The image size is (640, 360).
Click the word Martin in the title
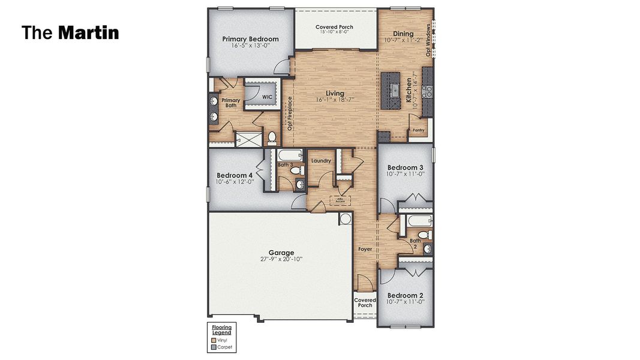point(89,32)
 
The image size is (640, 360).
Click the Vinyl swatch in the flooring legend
point(214,340)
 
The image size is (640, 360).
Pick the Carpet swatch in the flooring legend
point(214,347)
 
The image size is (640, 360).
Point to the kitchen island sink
point(395,91)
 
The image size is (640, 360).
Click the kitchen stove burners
point(428,92)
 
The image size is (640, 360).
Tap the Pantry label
point(418,130)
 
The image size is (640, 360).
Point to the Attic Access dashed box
point(339,200)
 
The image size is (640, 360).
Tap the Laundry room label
point(321,161)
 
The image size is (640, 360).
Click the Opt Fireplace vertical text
point(289,114)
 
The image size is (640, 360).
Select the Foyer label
point(365,248)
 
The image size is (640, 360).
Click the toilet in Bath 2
point(423,233)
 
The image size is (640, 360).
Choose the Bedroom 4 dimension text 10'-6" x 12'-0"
point(235,181)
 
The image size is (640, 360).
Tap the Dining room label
point(403,34)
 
